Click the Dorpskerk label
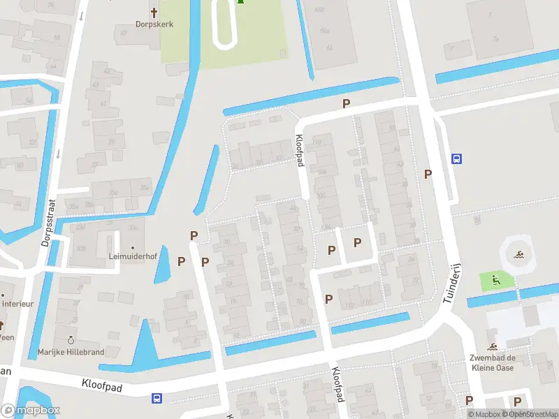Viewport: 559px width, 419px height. click(x=154, y=24)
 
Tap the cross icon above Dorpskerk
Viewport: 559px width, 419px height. click(x=154, y=12)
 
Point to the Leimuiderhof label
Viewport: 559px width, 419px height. click(x=131, y=256)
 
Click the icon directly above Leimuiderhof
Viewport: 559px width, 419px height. click(x=131, y=244)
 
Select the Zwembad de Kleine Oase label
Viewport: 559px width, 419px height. click(x=493, y=362)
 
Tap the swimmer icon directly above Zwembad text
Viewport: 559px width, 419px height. click(x=493, y=347)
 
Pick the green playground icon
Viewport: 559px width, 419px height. click(x=496, y=281)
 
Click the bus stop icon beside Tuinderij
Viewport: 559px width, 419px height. click(x=456, y=159)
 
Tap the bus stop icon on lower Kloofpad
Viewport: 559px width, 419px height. click(x=157, y=398)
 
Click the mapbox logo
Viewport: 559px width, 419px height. click(x=31, y=411)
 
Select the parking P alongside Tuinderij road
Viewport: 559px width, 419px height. click(x=428, y=174)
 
